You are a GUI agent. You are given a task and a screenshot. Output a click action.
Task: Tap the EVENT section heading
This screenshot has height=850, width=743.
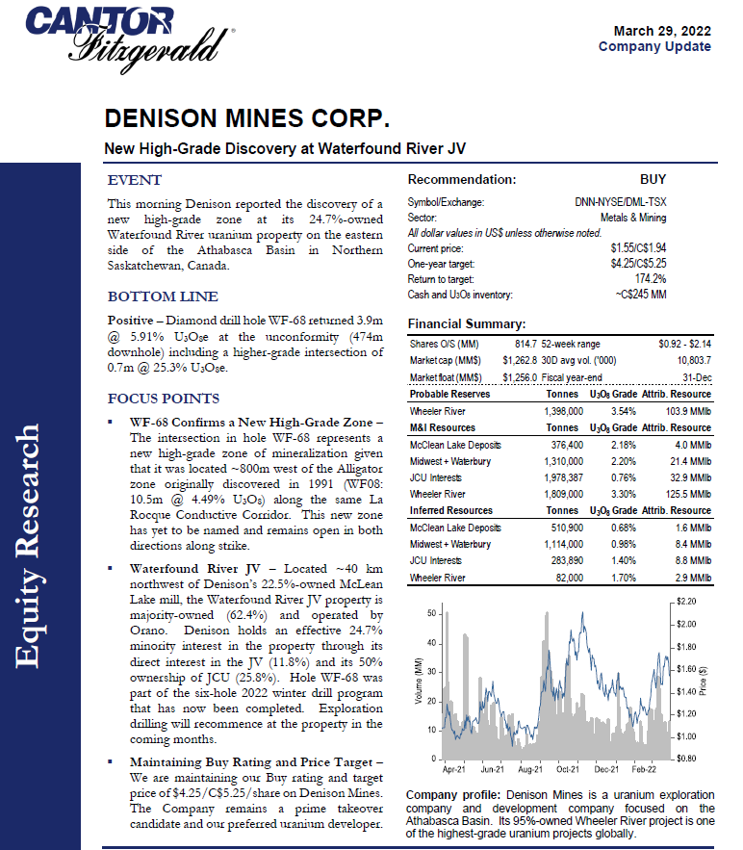tap(134, 180)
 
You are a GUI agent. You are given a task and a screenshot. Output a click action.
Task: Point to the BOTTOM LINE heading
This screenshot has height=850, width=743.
tap(163, 296)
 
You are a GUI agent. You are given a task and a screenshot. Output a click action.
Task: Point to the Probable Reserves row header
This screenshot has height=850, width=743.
tap(449, 394)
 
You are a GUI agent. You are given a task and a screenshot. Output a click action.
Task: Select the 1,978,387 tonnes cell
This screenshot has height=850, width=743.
tap(561, 478)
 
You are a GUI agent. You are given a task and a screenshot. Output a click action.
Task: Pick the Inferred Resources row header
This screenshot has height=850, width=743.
tap(450, 510)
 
